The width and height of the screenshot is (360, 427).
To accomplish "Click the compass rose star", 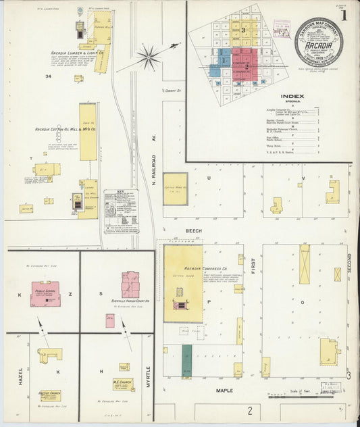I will click(x=148, y=57).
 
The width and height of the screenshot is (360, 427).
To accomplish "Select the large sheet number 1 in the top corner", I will click(x=344, y=14).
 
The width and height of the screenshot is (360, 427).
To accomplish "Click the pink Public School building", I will click(x=45, y=294).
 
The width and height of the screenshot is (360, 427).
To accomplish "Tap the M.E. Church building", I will click(x=123, y=384).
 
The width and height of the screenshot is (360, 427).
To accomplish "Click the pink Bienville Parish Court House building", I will click(x=130, y=284).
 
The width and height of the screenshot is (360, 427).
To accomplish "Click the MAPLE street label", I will click(x=224, y=391).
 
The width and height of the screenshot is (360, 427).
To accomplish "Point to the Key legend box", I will click(x=121, y=211).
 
